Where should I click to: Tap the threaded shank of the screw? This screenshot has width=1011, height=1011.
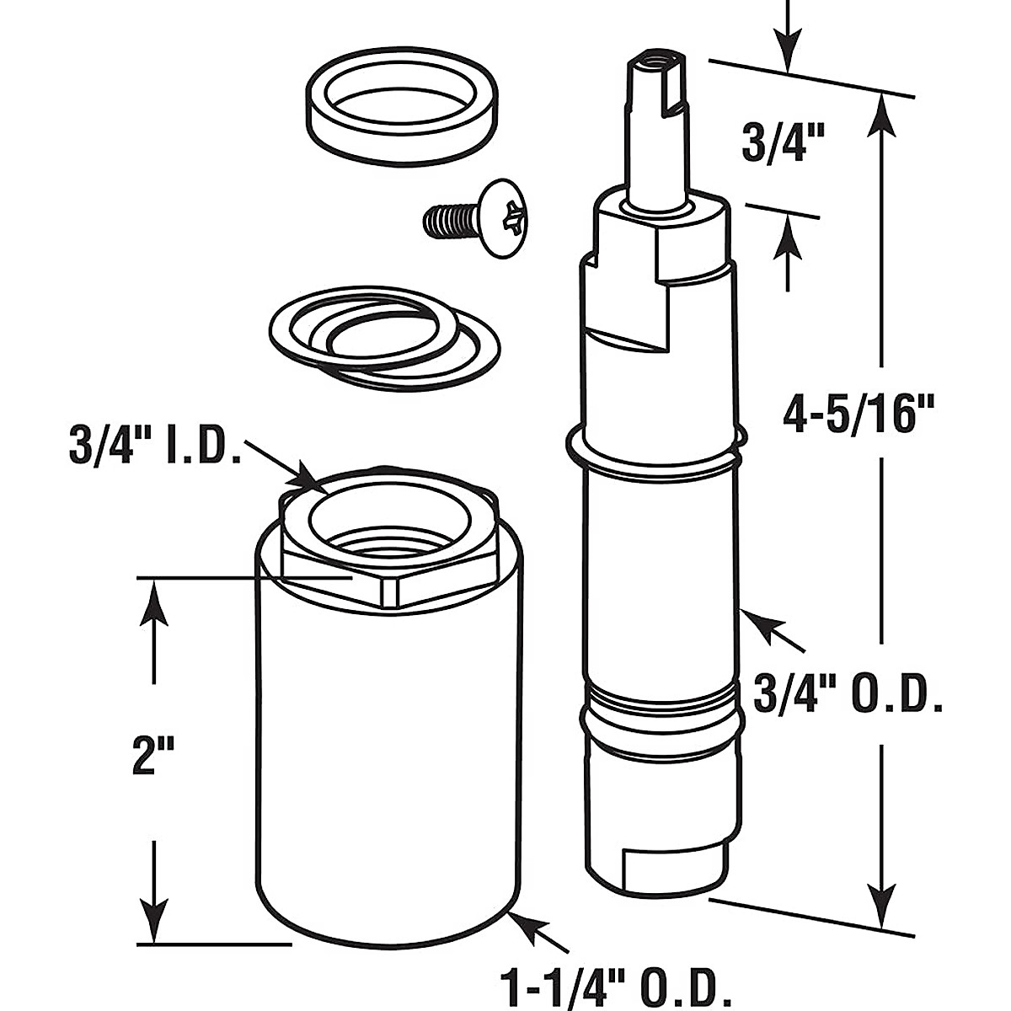[x=447, y=222]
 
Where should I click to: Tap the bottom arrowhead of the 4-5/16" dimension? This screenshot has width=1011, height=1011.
[x=881, y=893]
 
